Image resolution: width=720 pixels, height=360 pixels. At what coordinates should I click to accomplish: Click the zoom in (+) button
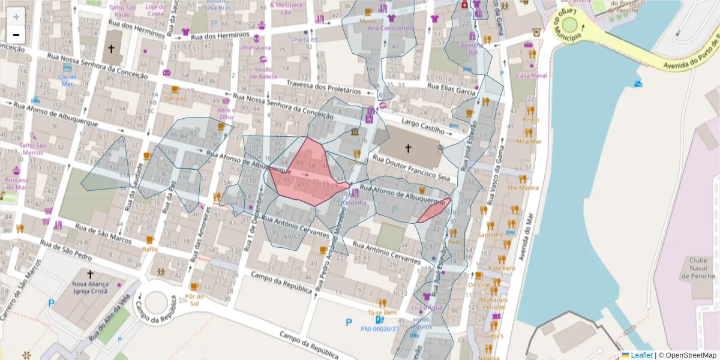coord(16,16)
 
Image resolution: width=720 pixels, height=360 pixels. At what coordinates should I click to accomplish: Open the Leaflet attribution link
coord(641,355)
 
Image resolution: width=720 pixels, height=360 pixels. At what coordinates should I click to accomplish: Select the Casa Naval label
coord(532,76)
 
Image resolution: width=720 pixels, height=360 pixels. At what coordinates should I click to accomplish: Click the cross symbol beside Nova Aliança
coord(90,273)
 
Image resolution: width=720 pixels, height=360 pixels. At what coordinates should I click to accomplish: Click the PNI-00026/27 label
coord(380,329)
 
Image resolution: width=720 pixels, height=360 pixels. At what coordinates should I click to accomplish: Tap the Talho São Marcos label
coord(33,149)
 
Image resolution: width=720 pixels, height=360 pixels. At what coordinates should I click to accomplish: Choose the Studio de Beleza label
coord(264,73)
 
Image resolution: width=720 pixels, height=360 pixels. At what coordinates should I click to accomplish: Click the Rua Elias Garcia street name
coord(451,88)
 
